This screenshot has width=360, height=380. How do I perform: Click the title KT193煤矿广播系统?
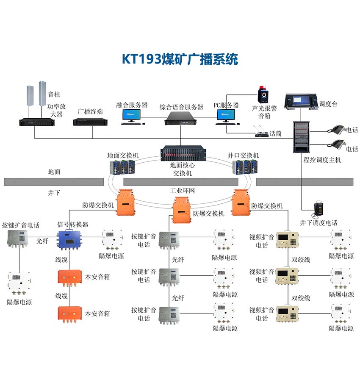coord(180,58)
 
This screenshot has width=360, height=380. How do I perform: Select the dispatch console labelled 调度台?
coord(301,101)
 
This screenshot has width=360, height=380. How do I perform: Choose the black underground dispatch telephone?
coord(319,209)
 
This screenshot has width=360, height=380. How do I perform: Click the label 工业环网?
coord(180,191)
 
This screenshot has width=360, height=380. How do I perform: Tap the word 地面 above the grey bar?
coord(54,172)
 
